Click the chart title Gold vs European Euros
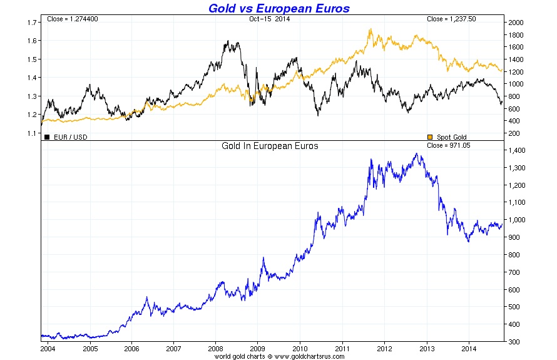pos(278,8)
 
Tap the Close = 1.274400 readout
pos(73,19)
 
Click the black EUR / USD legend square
pos(47,137)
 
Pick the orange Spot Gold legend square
pos(429,137)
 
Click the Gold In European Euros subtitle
pos(270,146)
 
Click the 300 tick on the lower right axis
pos(513,342)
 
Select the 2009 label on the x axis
pos(257,348)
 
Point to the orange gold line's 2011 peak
pos(370,29)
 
